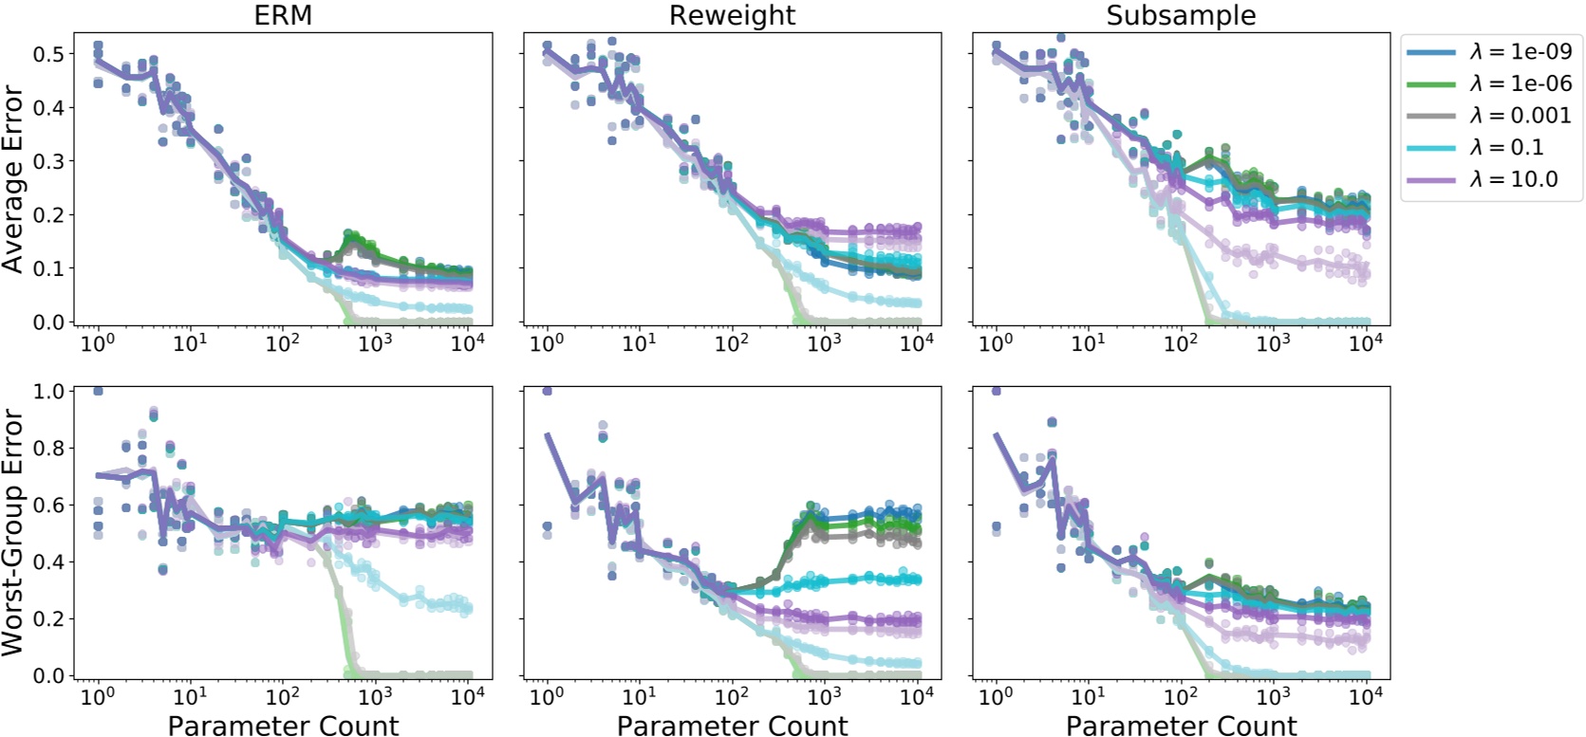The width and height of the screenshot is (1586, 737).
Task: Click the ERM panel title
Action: [x=283, y=15]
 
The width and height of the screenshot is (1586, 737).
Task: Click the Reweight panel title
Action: [x=732, y=15]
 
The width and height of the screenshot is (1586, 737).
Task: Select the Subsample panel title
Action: [x=1181, y=15]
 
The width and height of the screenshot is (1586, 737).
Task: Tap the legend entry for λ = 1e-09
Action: [x=1490, y=52]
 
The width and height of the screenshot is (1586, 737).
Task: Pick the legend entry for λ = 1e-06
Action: [x=1490, y=83]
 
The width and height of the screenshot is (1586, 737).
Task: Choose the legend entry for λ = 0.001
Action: [x=1490, y=116]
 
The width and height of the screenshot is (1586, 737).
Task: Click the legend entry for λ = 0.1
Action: [x=1490, y=147]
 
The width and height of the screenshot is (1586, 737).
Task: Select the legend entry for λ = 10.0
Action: [x=1490, y=179]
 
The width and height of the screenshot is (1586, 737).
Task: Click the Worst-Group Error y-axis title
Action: [x=13, y=532]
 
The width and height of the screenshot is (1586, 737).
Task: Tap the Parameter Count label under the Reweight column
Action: [x=732, y=726]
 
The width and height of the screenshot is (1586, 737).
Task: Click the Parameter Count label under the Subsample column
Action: [x=1181, y=726]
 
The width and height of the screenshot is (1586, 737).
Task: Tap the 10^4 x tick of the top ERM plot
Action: [x=467, y=342]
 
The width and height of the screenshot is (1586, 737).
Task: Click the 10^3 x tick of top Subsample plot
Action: [x=1273, y=342]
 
